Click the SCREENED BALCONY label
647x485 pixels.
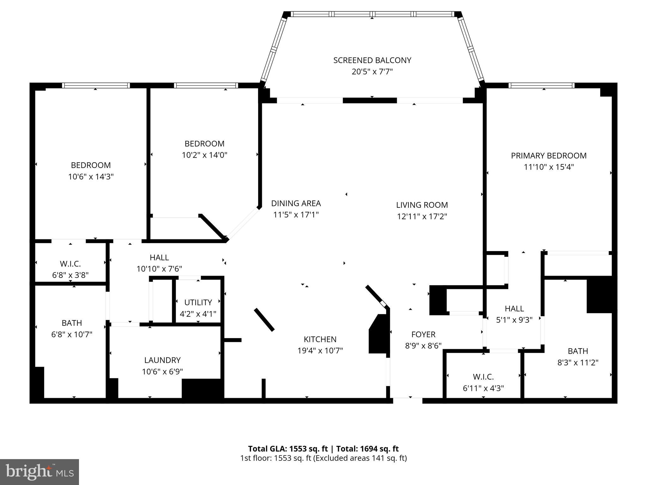tap(372, 60)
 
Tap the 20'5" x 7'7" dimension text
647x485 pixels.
tap(372, 72)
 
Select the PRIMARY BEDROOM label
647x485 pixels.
tap(549, 156)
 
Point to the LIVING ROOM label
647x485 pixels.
tap(422, 205)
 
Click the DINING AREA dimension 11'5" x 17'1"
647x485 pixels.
tap(296, 215)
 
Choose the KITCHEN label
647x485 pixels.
tap(320, 339)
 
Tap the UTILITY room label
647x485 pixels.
tap(198, 302)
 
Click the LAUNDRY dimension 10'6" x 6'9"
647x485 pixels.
tap(162, 372)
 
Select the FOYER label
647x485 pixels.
tap(423, 334)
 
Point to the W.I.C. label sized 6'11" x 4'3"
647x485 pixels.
tap(483, 377)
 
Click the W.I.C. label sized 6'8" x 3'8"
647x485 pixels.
tap(70, 264)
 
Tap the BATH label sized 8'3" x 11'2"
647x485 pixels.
tap(578, 351)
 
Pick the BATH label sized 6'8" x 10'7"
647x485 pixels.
tap(72, 323)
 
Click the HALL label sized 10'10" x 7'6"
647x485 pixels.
tap(159, 258)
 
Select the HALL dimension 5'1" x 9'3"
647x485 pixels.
tap(514, 320)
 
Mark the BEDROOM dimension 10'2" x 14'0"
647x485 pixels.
tap(204, 155)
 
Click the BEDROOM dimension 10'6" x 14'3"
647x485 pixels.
tap(91, 177)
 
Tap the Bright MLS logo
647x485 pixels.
tap(39, 472)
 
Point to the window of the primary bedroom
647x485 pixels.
tap(541, 85)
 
